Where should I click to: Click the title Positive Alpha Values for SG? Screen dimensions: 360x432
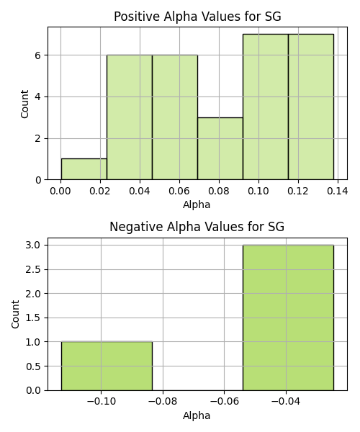tap(197, 17)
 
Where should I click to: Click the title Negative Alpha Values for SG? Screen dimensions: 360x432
tap(197, 227)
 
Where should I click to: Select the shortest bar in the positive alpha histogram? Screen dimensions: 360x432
tap(84, 169)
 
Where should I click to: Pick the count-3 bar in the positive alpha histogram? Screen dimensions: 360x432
tap(220, 148)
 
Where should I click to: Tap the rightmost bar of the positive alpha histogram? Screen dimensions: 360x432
tap(311, 107)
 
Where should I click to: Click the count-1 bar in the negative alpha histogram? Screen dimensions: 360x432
tap(107, 366)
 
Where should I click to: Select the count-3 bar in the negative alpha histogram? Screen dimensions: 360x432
tap(288, 318)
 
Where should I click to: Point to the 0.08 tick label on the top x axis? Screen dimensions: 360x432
tap(219, 191)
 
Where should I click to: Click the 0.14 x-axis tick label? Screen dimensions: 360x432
tap(338, 191)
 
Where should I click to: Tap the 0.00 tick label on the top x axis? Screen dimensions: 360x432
tap(60, 191)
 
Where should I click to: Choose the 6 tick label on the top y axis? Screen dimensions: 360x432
tap(37, 55)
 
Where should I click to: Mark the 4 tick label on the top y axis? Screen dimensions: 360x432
tap(37, 97)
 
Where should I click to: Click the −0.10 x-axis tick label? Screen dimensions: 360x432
tap(101, 402)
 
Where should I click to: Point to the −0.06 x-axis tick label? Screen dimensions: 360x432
tap(224, 402)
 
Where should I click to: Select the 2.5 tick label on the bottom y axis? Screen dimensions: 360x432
tap(33, 269)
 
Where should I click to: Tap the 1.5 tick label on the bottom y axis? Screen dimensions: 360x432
tap(33, 318)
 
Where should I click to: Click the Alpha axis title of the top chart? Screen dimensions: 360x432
tap(197, 204)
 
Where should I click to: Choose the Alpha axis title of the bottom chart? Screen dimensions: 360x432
tap(197, 415)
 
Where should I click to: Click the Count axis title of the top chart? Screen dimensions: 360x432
tap(24, 104)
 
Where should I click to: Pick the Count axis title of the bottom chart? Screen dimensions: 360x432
tap(15, 315)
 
